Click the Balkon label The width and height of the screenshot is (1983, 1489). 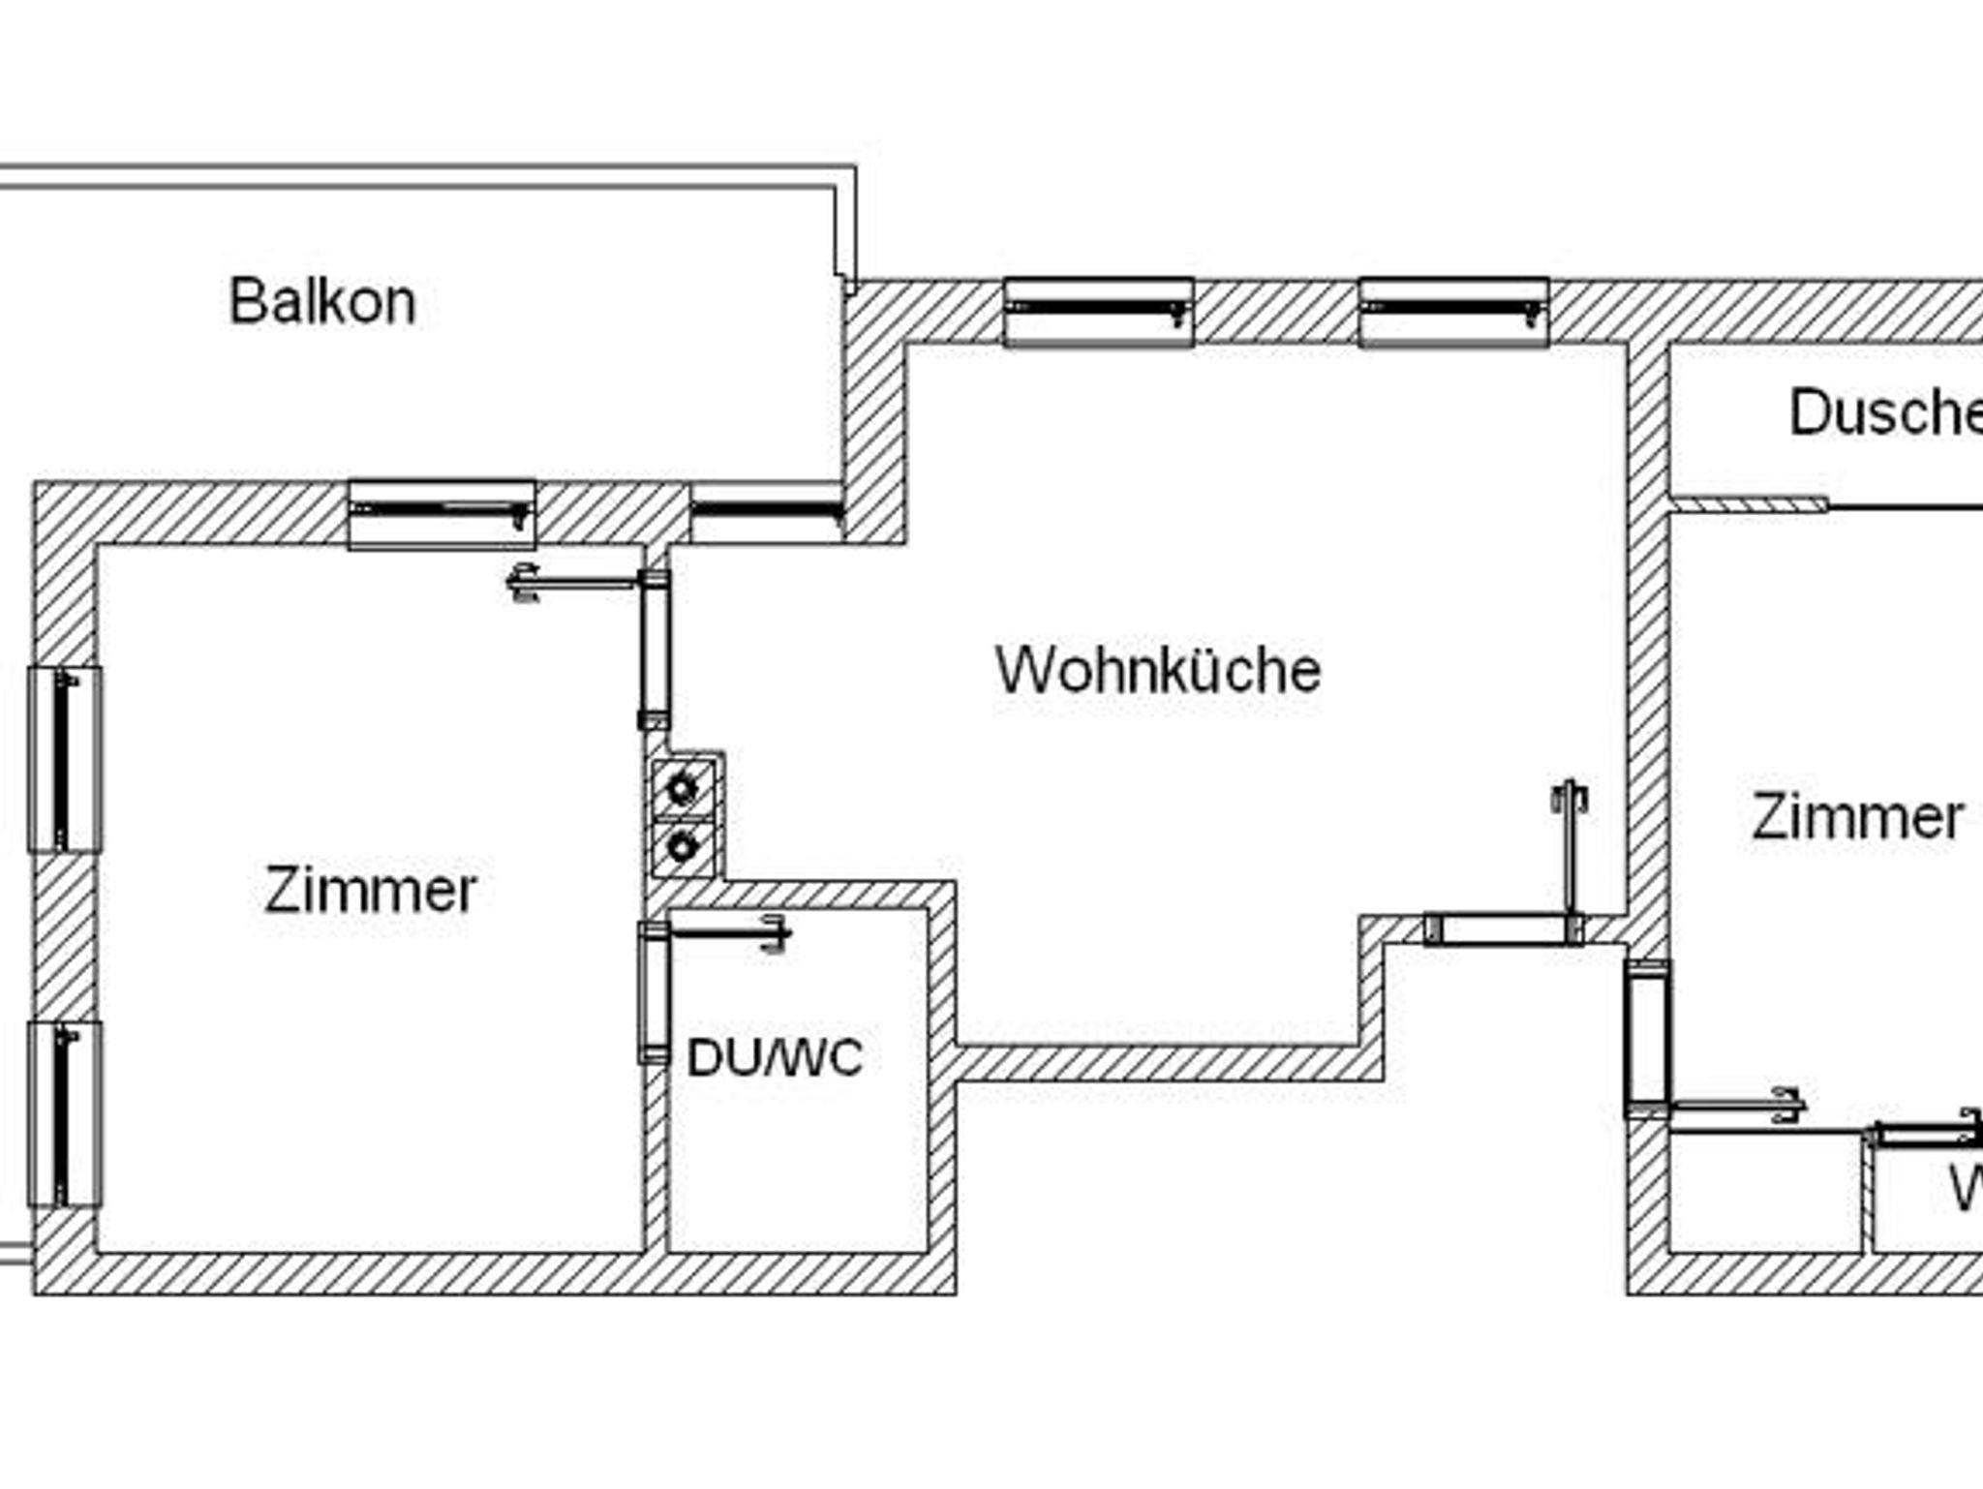[322, 301]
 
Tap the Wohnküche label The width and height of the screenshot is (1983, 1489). [1158, 669]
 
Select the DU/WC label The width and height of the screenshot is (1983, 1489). [775, 1057]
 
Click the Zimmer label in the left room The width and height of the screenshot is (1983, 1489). [371, 890]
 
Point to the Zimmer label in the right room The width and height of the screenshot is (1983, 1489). [1857, 817]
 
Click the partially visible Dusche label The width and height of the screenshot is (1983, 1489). [1883, 413]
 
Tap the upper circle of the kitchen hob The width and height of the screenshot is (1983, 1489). [683, 790]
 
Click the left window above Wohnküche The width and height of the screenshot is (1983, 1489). [1099, 312]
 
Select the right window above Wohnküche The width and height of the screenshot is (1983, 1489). [1453, 312]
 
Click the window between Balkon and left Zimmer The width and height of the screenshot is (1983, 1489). [442, 513]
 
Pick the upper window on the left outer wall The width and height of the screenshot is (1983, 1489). [65, 760]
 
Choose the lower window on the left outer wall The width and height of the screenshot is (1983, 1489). [65, 1114]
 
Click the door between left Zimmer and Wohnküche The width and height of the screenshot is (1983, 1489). [655, 649]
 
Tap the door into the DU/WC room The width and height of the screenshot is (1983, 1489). [654, 993]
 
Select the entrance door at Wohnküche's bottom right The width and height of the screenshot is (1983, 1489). [1504, 929]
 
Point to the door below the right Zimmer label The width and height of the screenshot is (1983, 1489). [1648, 1039]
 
